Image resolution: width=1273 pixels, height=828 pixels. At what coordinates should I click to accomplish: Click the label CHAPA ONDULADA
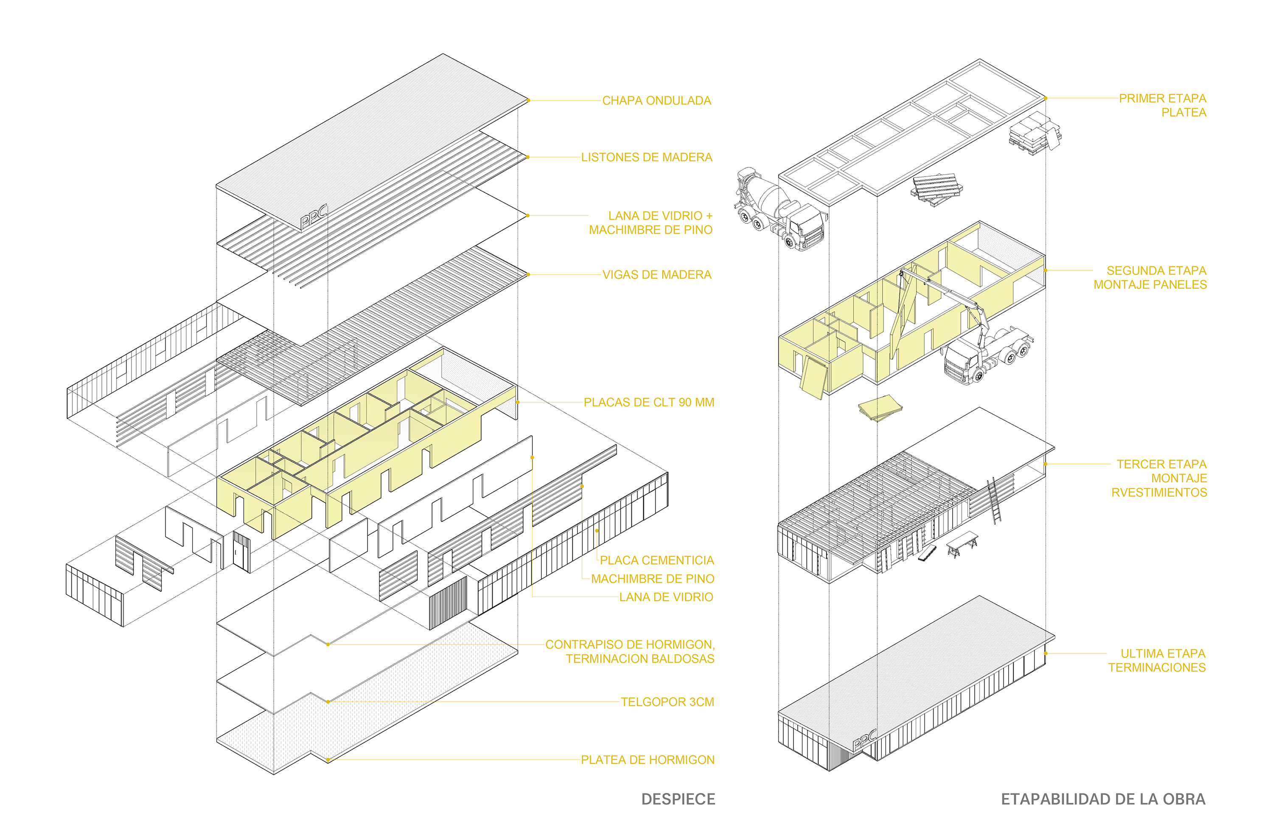click(x=656, y=101)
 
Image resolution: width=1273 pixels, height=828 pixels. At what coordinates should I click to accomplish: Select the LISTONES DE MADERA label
click(x=646, y=158)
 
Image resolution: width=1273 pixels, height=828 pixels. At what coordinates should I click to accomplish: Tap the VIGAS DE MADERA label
click(x=656, y=275)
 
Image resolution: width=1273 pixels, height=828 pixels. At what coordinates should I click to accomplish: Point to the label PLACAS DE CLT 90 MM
click(x=648, y=403)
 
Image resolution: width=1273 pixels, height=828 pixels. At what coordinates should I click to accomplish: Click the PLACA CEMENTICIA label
click(x=656, y=560)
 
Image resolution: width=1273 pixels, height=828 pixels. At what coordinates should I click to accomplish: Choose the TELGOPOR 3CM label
click(x=667, y=702)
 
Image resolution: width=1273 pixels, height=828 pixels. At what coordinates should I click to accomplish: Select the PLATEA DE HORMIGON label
click(x=647, y=760)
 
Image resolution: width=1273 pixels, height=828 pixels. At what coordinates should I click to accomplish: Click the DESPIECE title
click(x=678, y=799)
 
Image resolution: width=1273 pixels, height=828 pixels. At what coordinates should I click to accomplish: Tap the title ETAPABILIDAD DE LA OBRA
click(x=1103, y=799)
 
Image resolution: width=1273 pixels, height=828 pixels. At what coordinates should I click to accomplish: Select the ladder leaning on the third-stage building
click(x=993, y=501)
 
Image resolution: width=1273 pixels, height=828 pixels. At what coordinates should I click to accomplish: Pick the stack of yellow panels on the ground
click(x=880, y=408)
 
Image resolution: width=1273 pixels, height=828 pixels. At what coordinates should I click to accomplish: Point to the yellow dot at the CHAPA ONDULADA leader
click(x=528, y=100)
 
